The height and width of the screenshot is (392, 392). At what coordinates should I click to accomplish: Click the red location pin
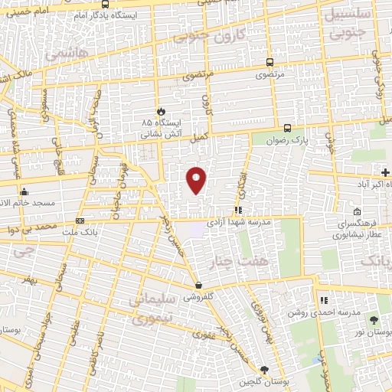(197, 179)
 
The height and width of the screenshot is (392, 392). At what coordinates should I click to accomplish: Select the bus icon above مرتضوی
(269, 64)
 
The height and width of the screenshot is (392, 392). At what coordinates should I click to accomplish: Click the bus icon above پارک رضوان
(287, 128)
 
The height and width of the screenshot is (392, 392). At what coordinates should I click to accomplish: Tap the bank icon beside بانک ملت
(80, 221)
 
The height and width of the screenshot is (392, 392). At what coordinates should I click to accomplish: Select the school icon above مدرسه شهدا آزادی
(239, 209)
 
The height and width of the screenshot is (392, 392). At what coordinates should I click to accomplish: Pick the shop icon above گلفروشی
(198, 285)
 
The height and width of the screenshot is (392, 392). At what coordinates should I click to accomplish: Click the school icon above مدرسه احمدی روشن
(324, 299)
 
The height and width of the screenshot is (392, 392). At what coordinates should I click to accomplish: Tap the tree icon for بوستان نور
(374, 321)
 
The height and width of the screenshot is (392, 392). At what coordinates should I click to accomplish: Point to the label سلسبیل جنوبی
(353, 23)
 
